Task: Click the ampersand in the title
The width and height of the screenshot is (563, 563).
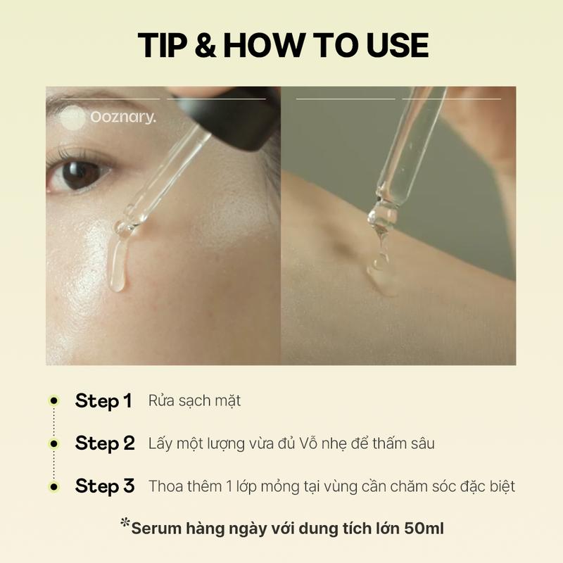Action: [205, 45]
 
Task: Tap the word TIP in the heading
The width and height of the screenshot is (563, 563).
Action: [163, 45]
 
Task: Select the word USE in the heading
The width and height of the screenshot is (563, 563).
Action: [398, 45]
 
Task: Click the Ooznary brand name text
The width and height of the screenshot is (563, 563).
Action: [123, 117]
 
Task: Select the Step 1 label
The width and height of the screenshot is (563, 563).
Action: [103, 400]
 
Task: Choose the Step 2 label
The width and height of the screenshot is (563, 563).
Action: [105, 443]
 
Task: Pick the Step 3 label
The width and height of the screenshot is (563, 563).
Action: [105, 486]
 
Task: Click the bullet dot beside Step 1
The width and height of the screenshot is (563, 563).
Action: [54, 400]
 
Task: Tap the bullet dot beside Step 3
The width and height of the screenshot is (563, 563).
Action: [54, 487]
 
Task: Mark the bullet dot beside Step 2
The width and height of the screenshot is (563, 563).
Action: [54, 444]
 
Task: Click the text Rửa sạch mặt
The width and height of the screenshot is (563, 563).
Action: [194, 401]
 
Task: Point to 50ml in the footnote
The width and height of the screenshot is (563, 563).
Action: [424, 529]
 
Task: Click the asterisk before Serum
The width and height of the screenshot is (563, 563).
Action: [125, 522]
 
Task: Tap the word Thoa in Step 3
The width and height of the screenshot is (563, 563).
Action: [167, 486]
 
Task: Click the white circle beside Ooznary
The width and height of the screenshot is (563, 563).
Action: [72, 118]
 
